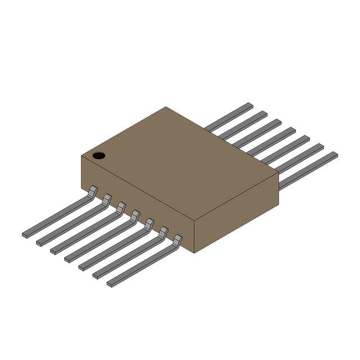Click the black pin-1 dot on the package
point(99,155)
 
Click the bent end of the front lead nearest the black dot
point(93,191)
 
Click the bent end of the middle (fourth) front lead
point(135,215)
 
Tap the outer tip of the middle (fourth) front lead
point(68,259)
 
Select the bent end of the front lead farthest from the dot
point(177,240)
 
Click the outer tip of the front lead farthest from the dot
point(110,284)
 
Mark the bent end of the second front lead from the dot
point(107,199)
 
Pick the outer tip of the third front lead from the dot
point(54,250)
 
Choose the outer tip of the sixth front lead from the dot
point(96,276)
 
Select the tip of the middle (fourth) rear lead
point(291,129)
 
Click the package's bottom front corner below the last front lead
point(195,252)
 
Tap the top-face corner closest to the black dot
point(82,155)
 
